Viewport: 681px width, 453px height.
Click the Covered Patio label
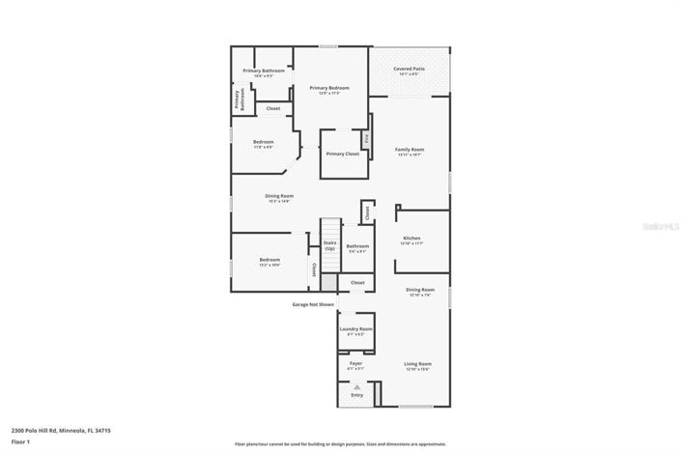[x=410, y=70]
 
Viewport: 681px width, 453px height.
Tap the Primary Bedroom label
[x=328, y=88]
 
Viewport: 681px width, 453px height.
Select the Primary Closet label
[x=342, y=154]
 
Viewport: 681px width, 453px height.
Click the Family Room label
[x=410, y=150]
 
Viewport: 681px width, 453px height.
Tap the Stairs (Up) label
[x=329, y=246]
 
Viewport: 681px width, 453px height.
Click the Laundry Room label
[x=355, y=329]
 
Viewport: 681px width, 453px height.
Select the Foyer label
[x=355, y=364]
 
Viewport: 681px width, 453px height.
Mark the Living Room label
[x=417, y=364]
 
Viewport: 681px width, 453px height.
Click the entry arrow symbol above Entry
[x=356, y=386]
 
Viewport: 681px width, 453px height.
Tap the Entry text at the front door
[x=356, y=395]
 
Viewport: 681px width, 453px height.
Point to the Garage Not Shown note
[x=313, y=304]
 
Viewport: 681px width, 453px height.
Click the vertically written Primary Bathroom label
[x=238, y=100]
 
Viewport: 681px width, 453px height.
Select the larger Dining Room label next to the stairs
[x=279, y=196]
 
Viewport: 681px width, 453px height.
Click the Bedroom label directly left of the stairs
[x=270, y=260]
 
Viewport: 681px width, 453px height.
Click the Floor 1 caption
[x=20, y=441]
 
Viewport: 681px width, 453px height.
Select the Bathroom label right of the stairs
[x=357, y=246]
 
